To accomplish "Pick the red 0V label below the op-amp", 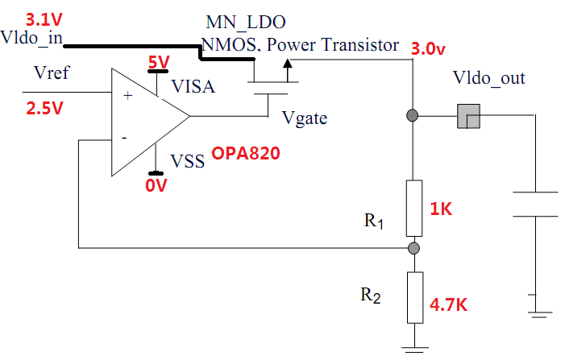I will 155,186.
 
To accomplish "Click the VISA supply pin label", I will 192,86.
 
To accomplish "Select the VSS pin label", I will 189,160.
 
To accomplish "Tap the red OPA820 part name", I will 246,153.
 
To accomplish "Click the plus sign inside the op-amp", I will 126,95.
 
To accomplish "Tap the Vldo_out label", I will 489,78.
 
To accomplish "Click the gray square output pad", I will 467,117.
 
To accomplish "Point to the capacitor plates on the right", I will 535,204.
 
